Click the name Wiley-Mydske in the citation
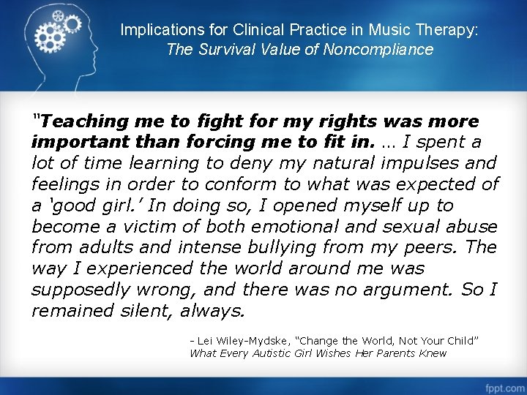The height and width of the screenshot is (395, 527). (x=252, y=341)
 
